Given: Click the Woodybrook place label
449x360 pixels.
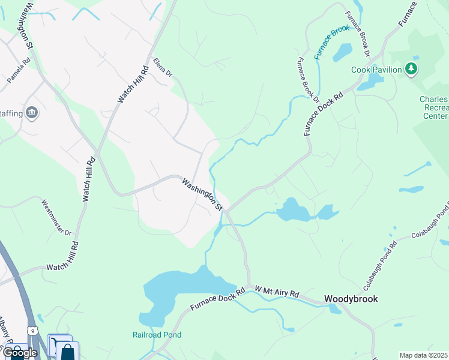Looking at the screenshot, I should (351, 299).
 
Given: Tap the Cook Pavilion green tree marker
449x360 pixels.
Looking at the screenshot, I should (411, 70).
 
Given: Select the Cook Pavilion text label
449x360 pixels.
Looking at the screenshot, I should (376, 70).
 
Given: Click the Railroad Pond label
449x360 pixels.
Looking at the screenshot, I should (157, 335).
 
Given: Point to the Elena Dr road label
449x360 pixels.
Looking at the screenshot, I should (162, 68).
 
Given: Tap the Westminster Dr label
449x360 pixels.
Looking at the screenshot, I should (56, 218).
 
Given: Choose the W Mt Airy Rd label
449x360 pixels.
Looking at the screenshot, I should (276, 292).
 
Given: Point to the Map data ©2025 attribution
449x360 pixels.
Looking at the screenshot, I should (423, 355).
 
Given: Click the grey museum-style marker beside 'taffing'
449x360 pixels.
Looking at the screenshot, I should (32, 112).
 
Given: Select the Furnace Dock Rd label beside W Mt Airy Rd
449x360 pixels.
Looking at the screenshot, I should (218, 299).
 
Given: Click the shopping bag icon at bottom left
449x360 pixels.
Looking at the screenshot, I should (67, 351).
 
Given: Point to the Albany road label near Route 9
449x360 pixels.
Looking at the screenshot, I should (7, 332).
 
